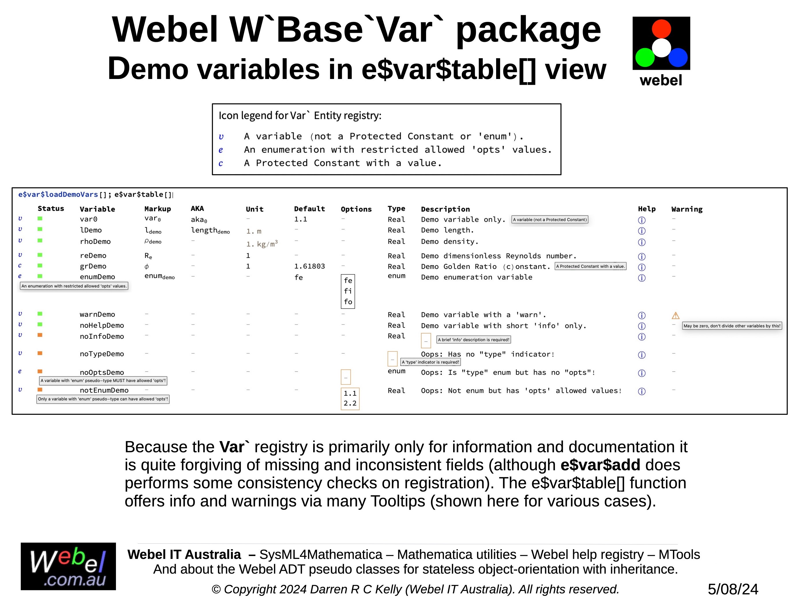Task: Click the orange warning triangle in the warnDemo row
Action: click(675, 316)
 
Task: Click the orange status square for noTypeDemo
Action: click(40, 353)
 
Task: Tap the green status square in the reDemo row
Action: click(40, 255)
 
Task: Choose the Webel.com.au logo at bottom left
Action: click(68, 566)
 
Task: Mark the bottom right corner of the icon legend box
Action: click(561, 175)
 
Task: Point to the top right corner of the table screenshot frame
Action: click(787, 188)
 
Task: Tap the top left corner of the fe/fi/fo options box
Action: click(341, 275)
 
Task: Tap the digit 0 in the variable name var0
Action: click(95, 219)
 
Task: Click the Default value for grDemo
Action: click(309, 266)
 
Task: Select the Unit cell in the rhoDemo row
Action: click(262, 244)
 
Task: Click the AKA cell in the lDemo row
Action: click(210, 231)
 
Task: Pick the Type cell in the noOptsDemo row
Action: click(397, 371)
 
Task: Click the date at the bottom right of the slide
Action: click(733, 589)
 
